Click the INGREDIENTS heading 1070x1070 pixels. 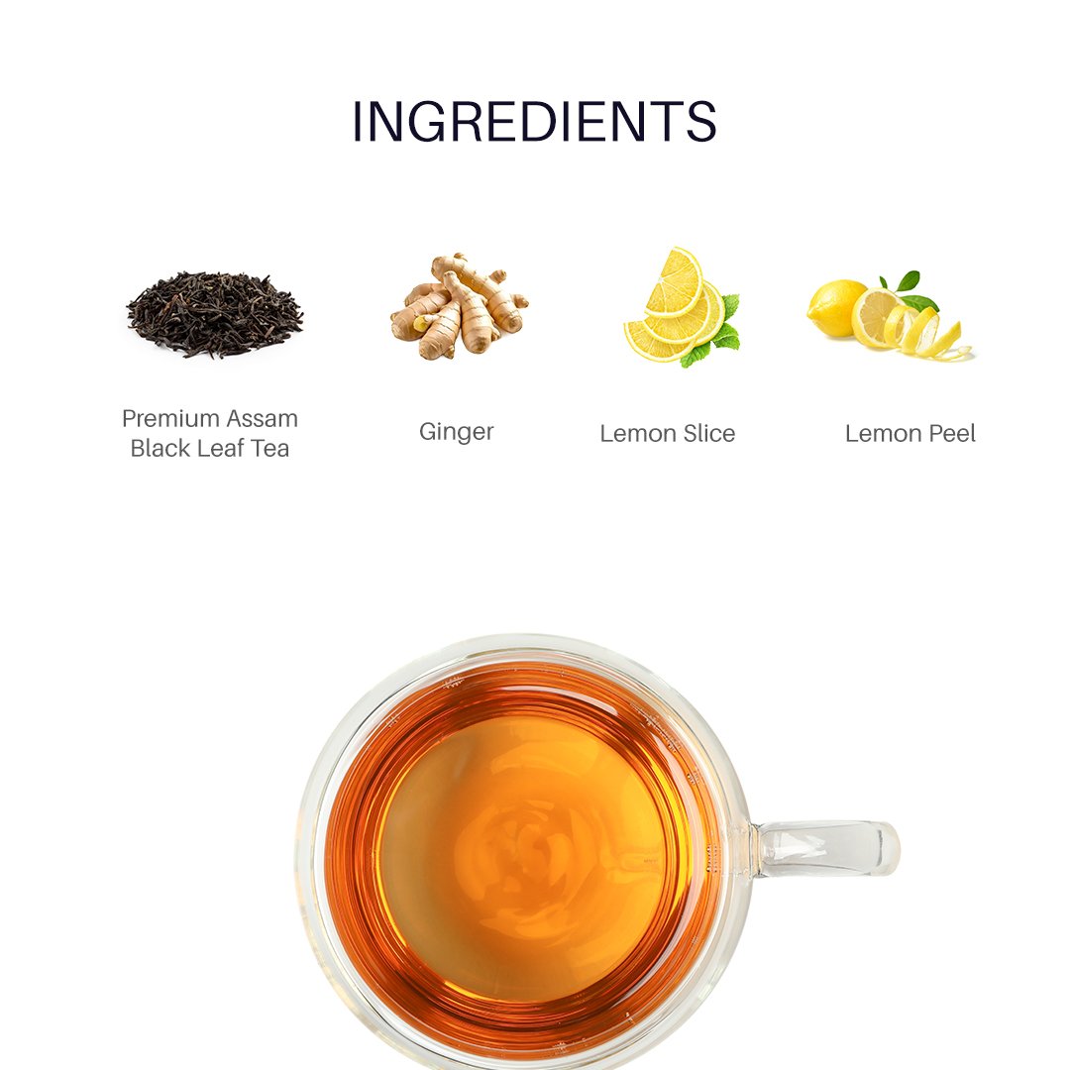click(534, 122)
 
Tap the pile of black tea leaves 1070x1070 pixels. click(215, 314)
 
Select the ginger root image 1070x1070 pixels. click(460, 306)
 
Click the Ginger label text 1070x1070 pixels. click(457, 433)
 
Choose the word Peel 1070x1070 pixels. click(952, 433)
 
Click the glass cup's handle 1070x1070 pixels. click(829, 850)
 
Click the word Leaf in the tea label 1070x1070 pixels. click(217, 449)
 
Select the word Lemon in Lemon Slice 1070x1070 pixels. click(638, 433)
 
